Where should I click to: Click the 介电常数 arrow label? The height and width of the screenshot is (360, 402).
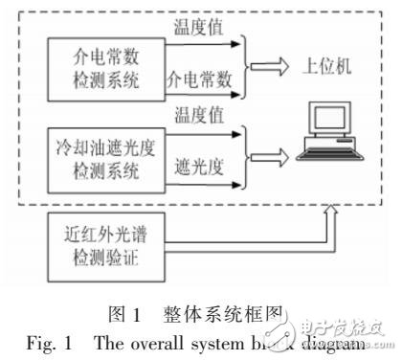[201, 74]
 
